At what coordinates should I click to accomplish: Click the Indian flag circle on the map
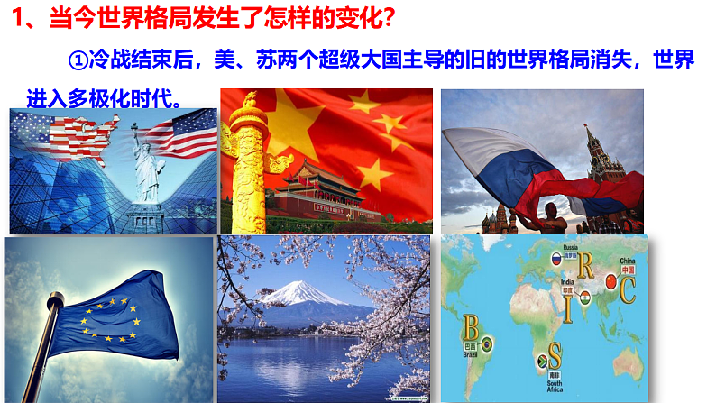584,298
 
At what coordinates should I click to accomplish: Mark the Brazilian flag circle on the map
487,344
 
